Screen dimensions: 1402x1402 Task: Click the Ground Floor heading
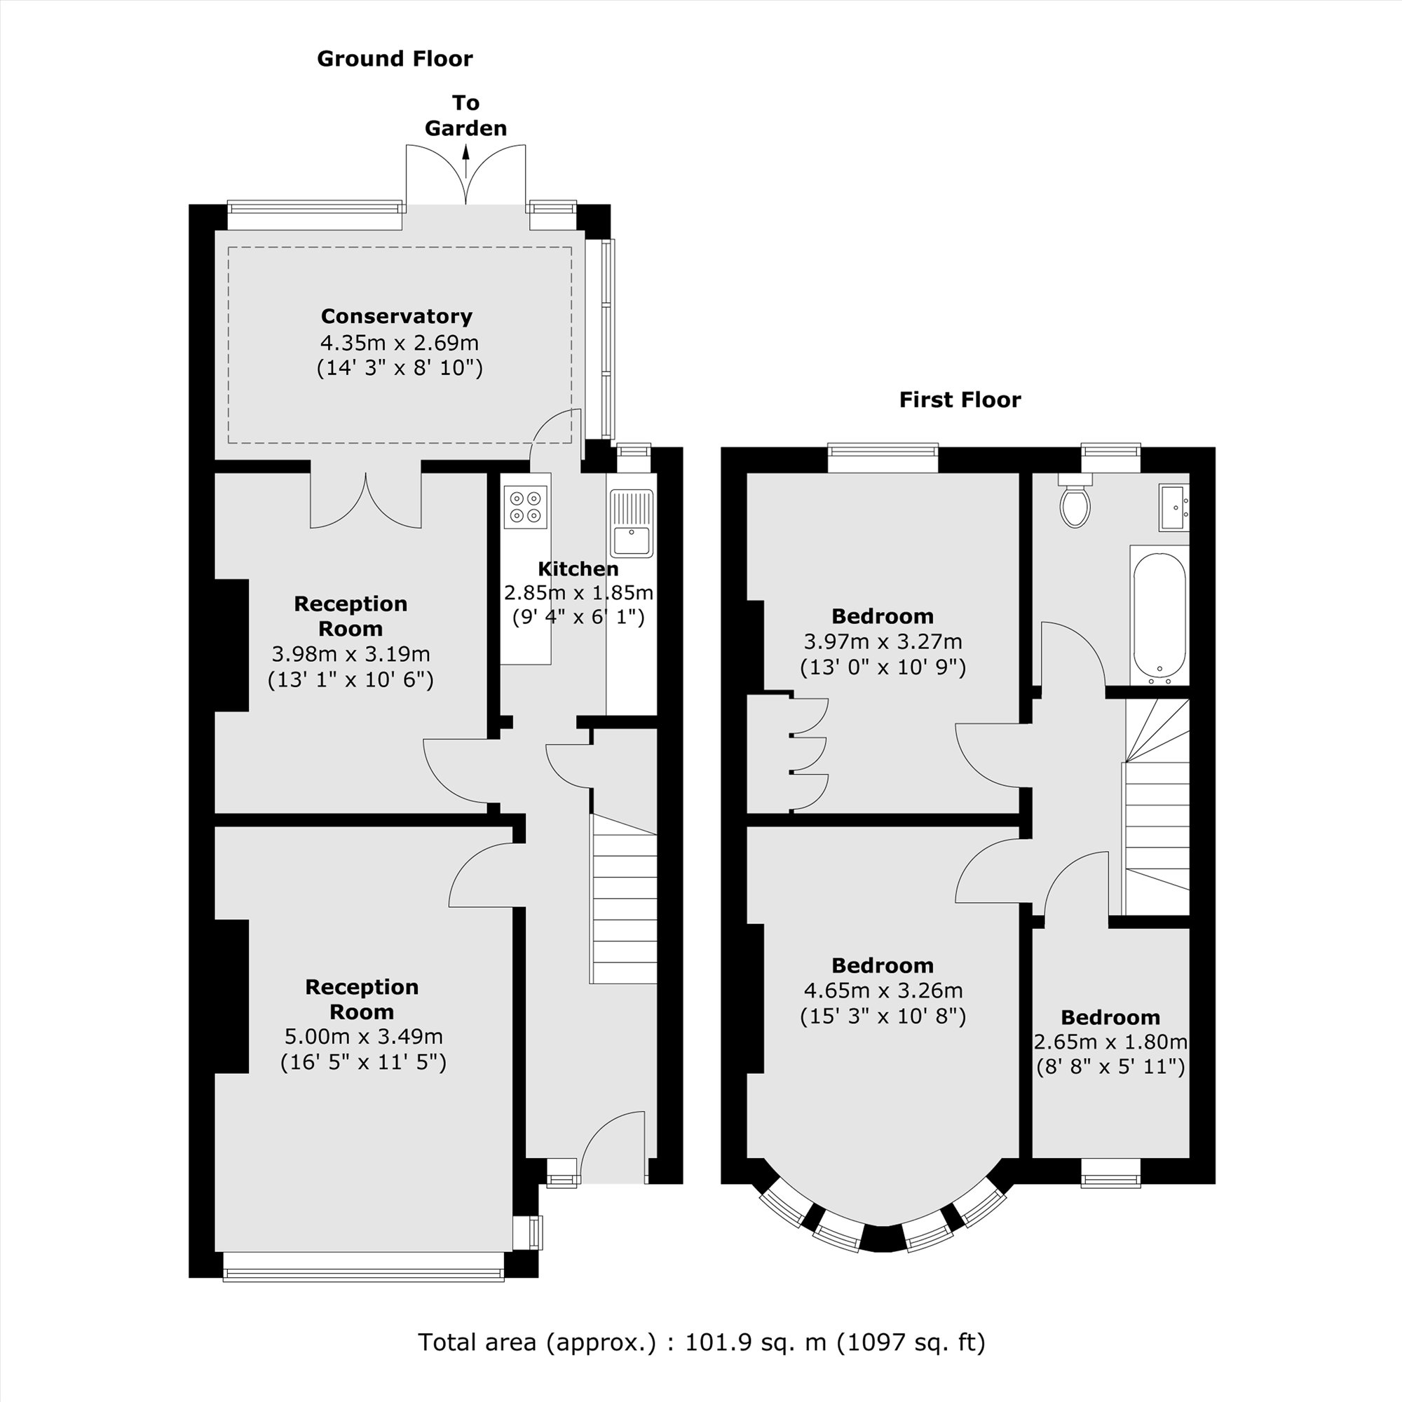point(394,59)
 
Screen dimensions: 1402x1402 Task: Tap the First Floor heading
point(960,400)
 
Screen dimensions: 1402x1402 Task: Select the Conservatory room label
point(396,316)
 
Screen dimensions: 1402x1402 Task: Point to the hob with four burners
point(525,507)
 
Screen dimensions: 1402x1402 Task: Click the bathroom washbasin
point(1173,508)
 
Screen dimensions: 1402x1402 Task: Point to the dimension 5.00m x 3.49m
point(362,1036)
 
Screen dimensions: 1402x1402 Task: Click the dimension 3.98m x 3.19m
point(350,654)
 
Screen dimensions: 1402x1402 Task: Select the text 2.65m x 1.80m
point(1110,1042)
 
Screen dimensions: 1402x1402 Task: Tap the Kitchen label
point(578,569)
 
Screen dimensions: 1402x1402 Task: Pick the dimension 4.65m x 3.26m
point(883,990)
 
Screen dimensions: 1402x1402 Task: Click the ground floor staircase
point(624,900)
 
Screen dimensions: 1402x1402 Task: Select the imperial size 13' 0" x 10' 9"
point(883,667)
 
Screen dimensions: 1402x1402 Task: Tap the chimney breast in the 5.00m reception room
point(231,995)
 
